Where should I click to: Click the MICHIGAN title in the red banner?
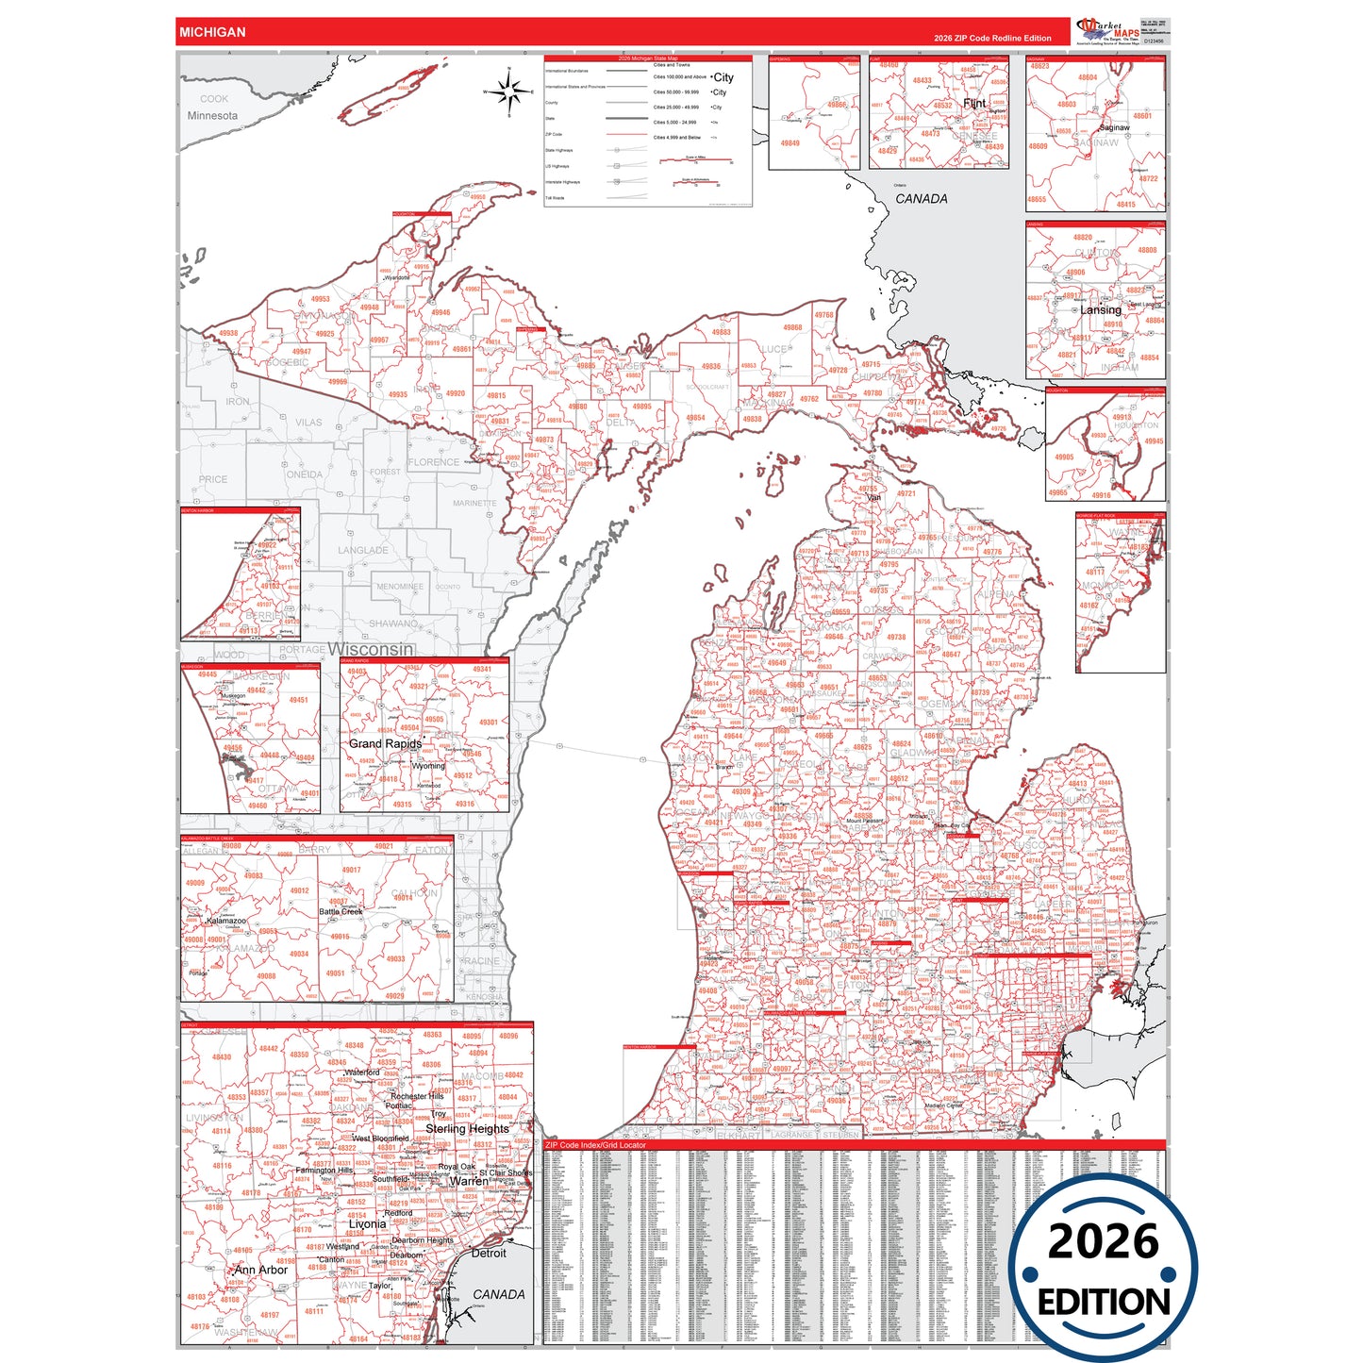coord(212,32)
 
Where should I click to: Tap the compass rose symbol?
coord(508,92)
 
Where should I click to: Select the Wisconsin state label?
coord(371,649)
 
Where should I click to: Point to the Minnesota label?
coord(212,115)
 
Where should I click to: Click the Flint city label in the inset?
coord(974,103)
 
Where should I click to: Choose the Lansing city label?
coord(1101,309)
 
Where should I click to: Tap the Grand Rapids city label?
coord(385,743)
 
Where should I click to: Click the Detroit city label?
coord(489,1253)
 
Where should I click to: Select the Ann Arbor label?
coord(261,1270)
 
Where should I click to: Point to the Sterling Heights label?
coord(467,1128)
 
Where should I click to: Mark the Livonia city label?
coord(367,1223)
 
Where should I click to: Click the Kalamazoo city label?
coord(226,921)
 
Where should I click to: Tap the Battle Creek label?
coord(341,911)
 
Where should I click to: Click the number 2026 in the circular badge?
coord(1103,1241)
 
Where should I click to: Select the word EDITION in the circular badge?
coord(1103,1303)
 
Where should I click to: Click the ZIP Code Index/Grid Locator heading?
coord(595,1145)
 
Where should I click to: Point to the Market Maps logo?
coord(1108,30)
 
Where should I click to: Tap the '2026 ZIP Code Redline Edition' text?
coord(992,38)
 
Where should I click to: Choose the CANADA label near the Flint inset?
coord(921,199)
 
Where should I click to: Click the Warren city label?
coord(469,1180)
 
